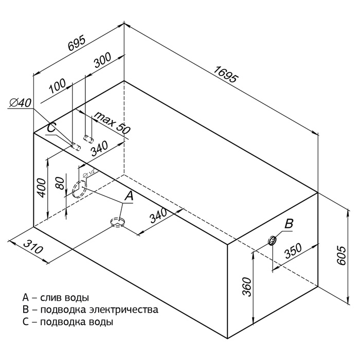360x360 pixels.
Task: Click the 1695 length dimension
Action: point(226,74)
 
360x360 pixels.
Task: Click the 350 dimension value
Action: point(293,251)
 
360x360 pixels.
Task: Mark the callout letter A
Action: point(129,195)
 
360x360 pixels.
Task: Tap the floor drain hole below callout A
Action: point(118,222)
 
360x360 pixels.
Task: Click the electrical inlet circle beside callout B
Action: point(272,240)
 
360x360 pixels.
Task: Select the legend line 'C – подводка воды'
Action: point(67,322)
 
